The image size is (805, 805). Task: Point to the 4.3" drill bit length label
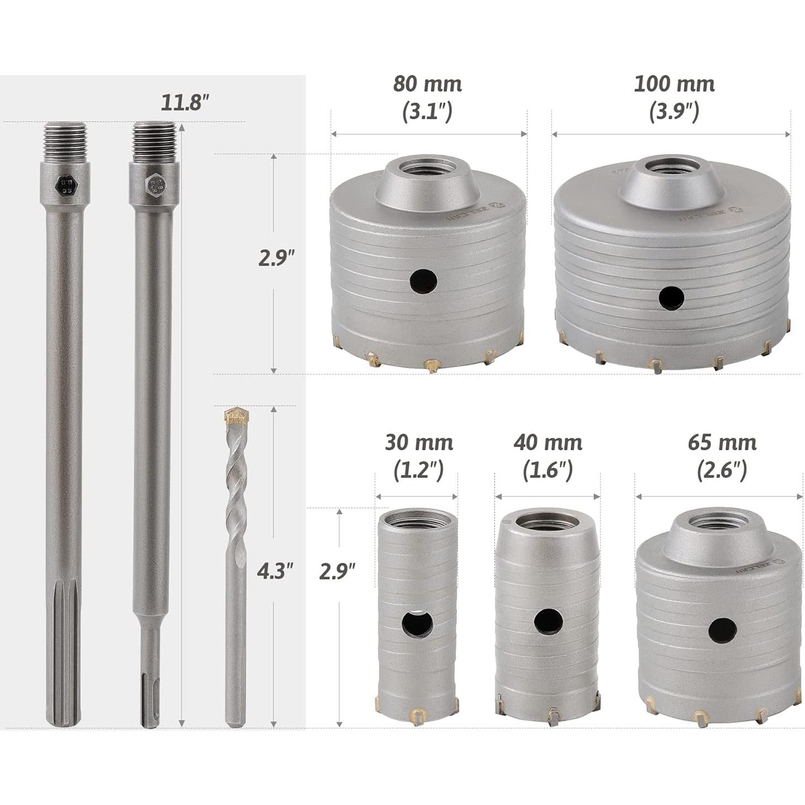click(x=275, y=570)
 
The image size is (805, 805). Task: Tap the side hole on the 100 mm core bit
click(x=671, y=297)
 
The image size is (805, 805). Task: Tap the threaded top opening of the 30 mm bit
click(x=417, y=518)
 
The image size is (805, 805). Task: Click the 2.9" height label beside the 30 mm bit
click(x=337, y=571)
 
